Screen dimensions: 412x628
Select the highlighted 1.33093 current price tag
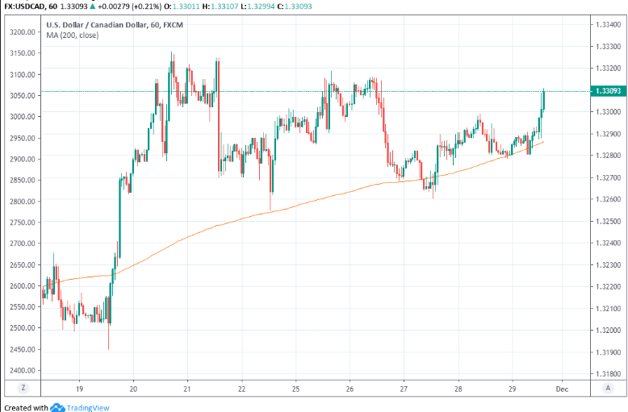click(x=605, y=91)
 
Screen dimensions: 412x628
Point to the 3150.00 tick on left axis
click(x=22, y=53)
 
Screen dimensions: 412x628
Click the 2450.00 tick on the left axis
click(x=22, y=349)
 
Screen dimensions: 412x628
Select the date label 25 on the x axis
click(x=296, y=388)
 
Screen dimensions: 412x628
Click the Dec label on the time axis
click(x=563, y=388)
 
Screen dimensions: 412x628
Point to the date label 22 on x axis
click(x=242, y=388)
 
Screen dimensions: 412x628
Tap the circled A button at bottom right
click(x=605, y=388)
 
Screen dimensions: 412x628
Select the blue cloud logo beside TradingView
click(x=57, y=407)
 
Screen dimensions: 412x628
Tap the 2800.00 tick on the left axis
click(x=22, y=201)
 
